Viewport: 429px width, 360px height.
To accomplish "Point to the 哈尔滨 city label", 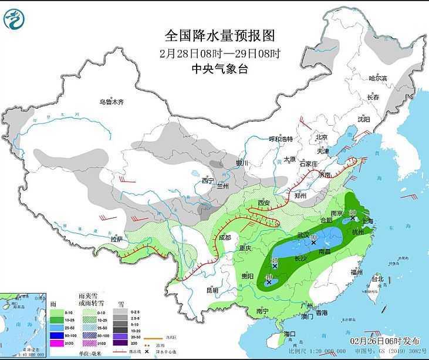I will point(378,78).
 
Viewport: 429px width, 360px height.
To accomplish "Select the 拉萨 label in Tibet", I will point(118,239).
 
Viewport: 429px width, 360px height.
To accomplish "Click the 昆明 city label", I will point(212,290).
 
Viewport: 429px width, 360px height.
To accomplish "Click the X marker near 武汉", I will point(313,242).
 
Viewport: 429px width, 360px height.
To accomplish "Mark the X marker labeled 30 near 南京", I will point(352,218).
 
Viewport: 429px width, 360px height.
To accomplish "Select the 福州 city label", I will point(356,272).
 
